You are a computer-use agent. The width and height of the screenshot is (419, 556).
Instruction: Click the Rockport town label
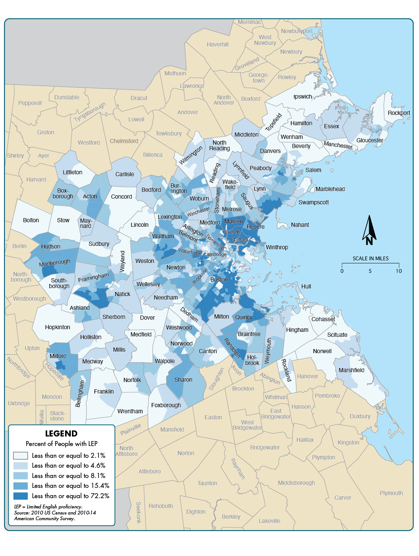pos(398,113)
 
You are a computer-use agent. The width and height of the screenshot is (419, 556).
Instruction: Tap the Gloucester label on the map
pos(370,140)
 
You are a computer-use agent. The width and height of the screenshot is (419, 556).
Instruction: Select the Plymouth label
pos(391,493)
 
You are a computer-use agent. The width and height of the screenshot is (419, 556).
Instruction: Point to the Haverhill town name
pos(217,45)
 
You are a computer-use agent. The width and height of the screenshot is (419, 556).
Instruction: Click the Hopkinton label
pos(57,327)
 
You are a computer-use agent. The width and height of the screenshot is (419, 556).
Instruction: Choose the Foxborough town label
pos(166,405)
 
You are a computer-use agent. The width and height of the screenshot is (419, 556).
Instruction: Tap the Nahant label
pos(300,225)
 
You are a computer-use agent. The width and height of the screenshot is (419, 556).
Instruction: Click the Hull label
pos(306,287)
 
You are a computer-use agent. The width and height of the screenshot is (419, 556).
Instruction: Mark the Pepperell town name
pos(30,103)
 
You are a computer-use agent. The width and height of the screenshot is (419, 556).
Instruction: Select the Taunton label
pos(207,483)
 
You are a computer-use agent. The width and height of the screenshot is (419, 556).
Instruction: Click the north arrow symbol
pos(369,230)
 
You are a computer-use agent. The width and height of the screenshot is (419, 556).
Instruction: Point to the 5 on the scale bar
pos(370,271)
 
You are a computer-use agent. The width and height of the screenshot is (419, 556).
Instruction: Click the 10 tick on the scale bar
pos(398,271)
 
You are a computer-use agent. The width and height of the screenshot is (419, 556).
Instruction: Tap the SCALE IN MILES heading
pos(370,259)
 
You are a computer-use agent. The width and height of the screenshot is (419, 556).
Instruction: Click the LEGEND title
pos(61,434)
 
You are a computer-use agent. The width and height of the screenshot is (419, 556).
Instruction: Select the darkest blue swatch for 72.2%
pos(21,496)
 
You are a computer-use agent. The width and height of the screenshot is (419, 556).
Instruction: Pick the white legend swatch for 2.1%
pos(21,456)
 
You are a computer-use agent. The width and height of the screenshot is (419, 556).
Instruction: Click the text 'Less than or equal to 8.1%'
pos(69,476)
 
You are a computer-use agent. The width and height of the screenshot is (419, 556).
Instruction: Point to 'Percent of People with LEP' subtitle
pos(62,444)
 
